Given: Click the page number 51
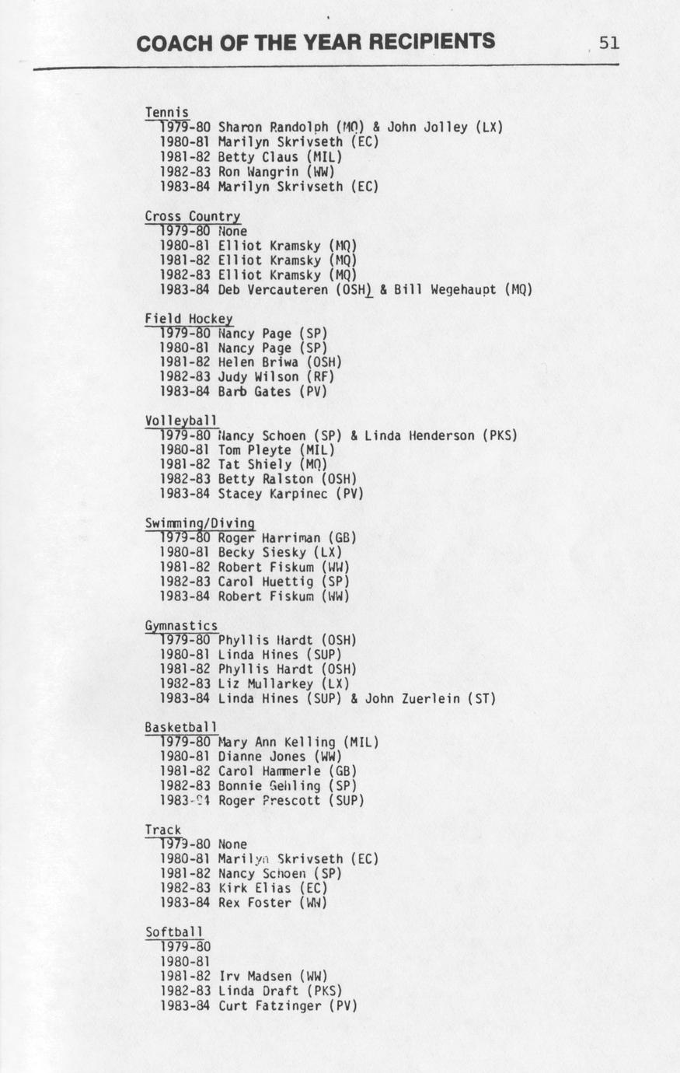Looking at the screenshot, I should tap(609, 43).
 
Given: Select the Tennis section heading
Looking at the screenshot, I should tap(166, 113).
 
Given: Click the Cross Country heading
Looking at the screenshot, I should tap(192, 216).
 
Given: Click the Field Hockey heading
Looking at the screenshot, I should tap(188, 319).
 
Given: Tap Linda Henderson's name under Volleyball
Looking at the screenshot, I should tap(419, 435).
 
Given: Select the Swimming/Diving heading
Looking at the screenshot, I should tap(200, 523).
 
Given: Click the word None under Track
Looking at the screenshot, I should tap(232, 844).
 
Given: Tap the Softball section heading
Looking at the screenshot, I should tap(173, 932).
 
